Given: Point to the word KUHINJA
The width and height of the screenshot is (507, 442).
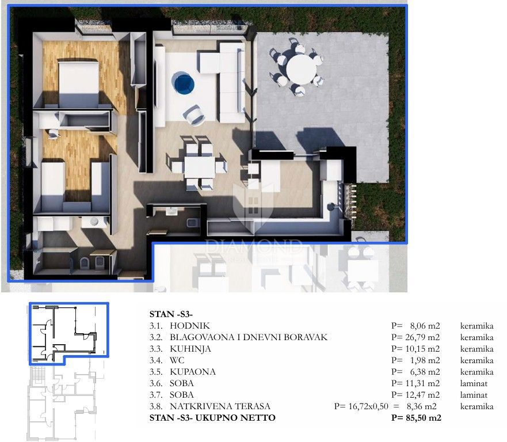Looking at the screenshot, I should coord(190,349).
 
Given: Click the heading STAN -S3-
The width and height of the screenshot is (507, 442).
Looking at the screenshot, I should coord(171,314).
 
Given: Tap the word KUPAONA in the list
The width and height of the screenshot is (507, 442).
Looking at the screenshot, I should coord(193,372).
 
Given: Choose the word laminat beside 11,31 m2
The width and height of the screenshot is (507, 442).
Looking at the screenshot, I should coord(474,383).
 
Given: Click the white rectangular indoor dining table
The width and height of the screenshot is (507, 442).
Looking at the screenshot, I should coord(197,166).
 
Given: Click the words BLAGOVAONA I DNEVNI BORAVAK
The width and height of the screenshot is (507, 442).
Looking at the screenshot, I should coord(249,337).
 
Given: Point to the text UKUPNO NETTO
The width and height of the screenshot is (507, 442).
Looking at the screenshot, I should coord(235,418).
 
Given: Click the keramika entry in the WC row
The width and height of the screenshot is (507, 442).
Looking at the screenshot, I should coord(476,360).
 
